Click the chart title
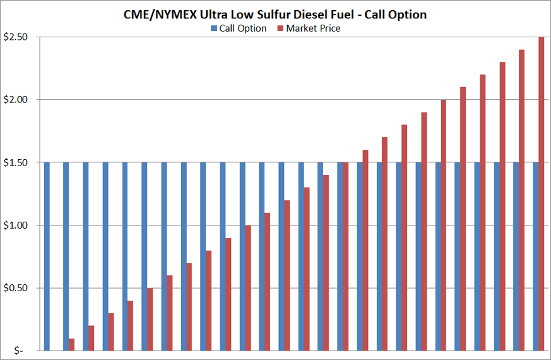(275, 15)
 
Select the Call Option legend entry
(242, 28)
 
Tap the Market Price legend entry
(313, 28)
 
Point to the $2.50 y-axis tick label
(15, 37)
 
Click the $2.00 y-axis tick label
(15, 100)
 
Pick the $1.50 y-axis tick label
(15, 162)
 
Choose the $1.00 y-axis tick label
(15, 225)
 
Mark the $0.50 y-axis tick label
(15, 288)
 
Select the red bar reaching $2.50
(541, 189)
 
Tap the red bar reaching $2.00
(444, 224)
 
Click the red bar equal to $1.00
(248, 287)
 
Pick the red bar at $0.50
(150, 319)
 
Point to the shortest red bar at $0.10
(72, 345)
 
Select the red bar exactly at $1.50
(346, 256)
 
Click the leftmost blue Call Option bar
(47, 256)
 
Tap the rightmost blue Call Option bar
(535, 256)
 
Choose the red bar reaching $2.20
(483, 212)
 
